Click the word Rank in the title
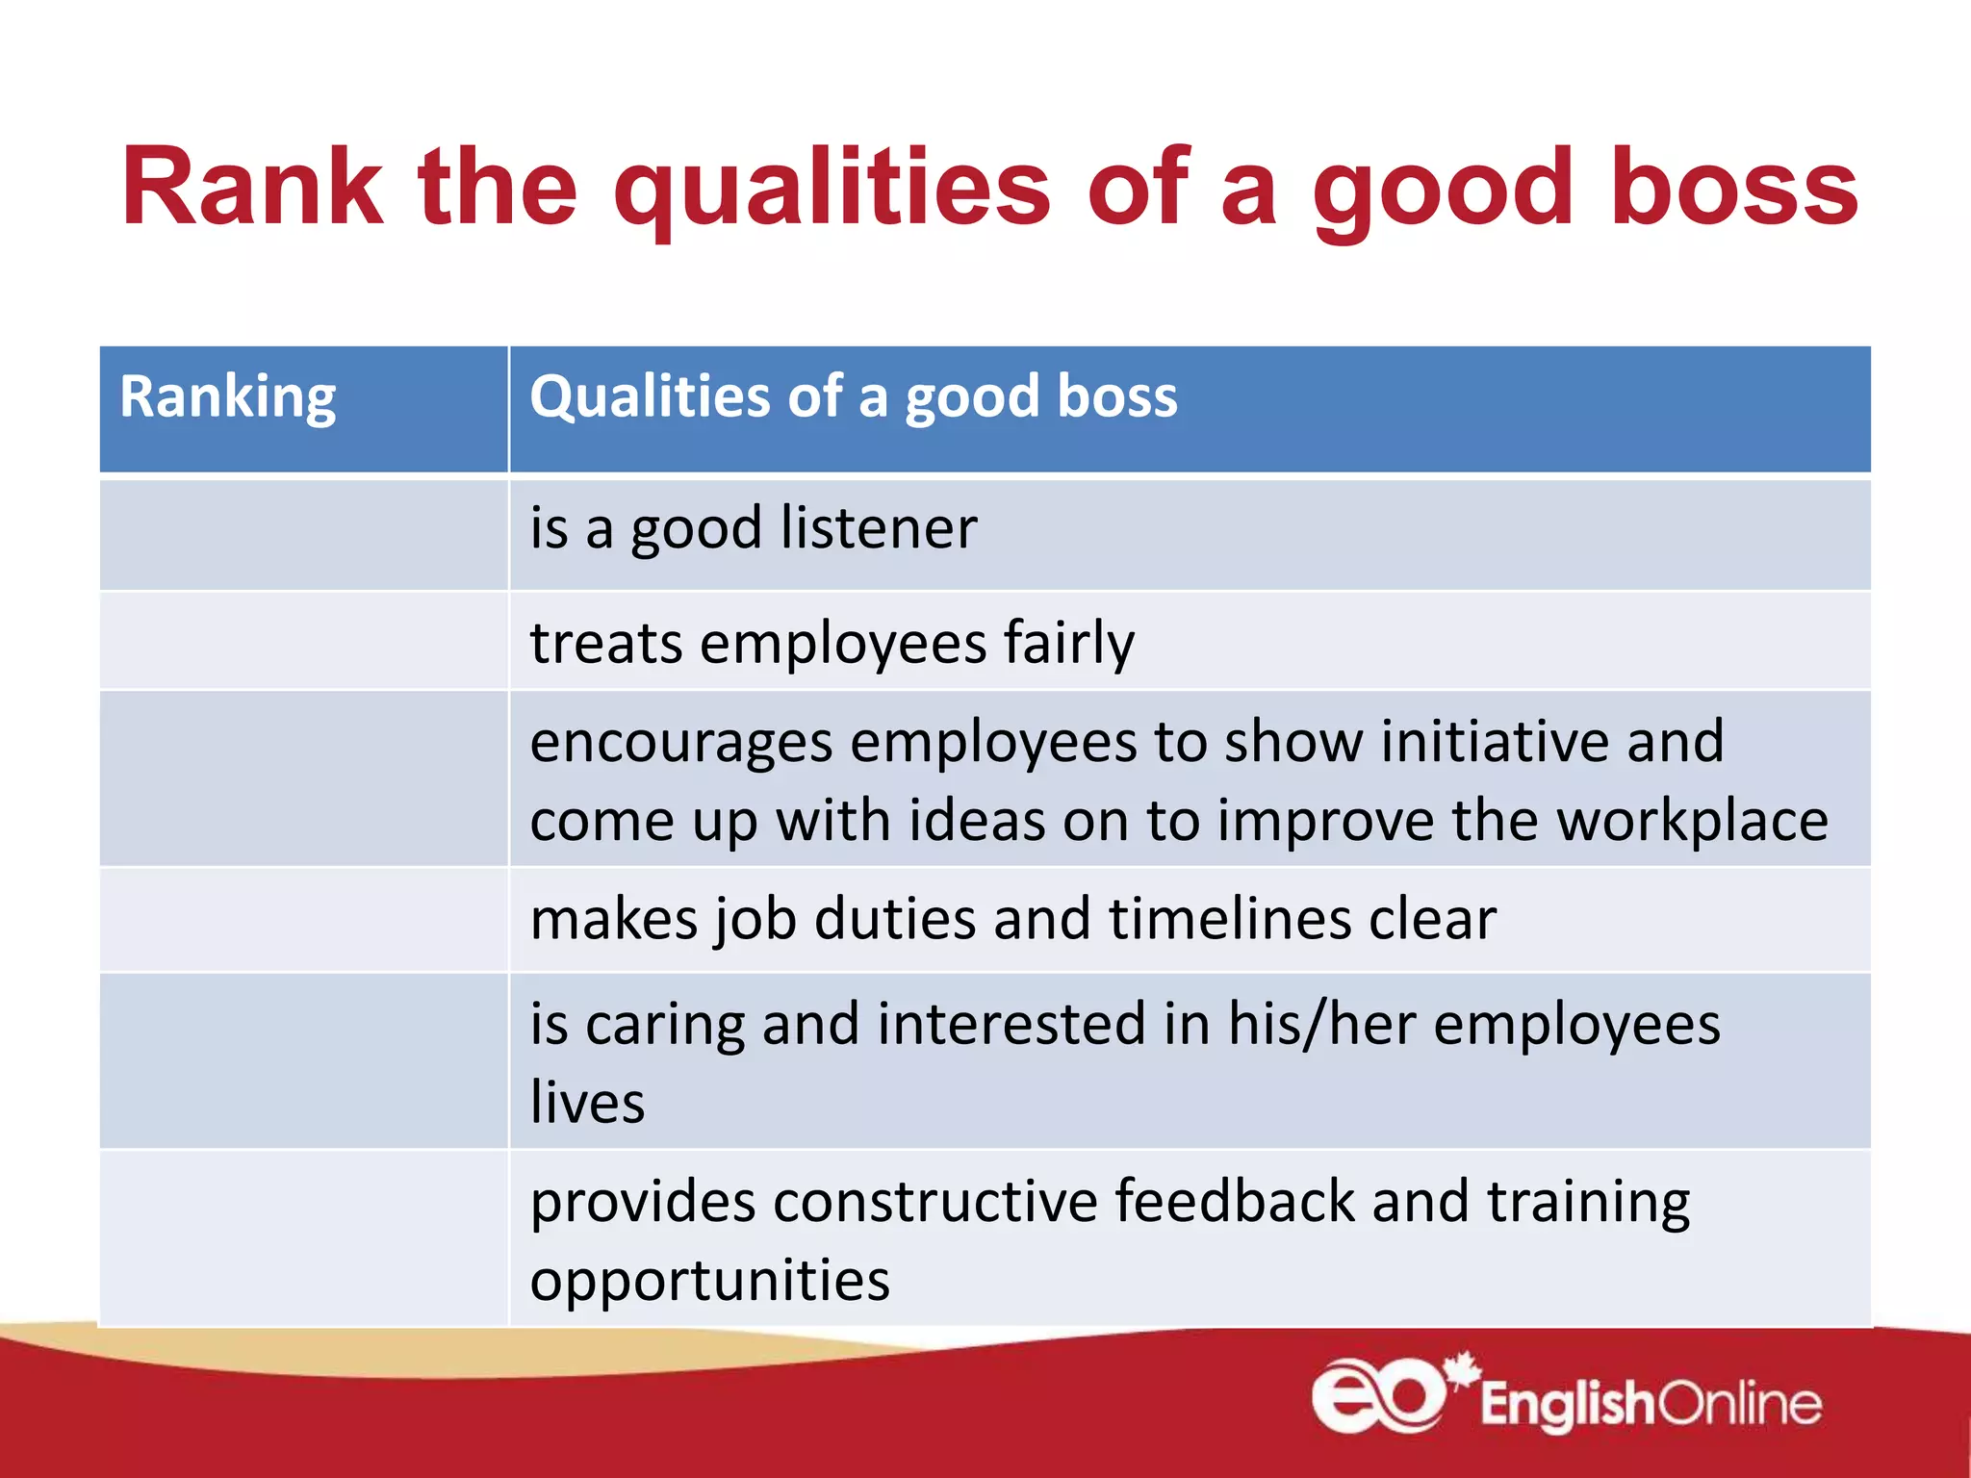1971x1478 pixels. tap(252, 188)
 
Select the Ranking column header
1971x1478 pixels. tap(228, 397)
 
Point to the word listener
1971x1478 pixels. tap(879, 528)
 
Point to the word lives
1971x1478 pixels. tap(587, 1103)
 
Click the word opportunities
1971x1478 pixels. tap(709, 1281)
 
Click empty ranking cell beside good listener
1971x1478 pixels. tap(303, 534)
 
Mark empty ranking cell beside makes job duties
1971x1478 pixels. tap(303, 920)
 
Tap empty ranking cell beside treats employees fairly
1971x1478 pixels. tap(303, 641)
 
